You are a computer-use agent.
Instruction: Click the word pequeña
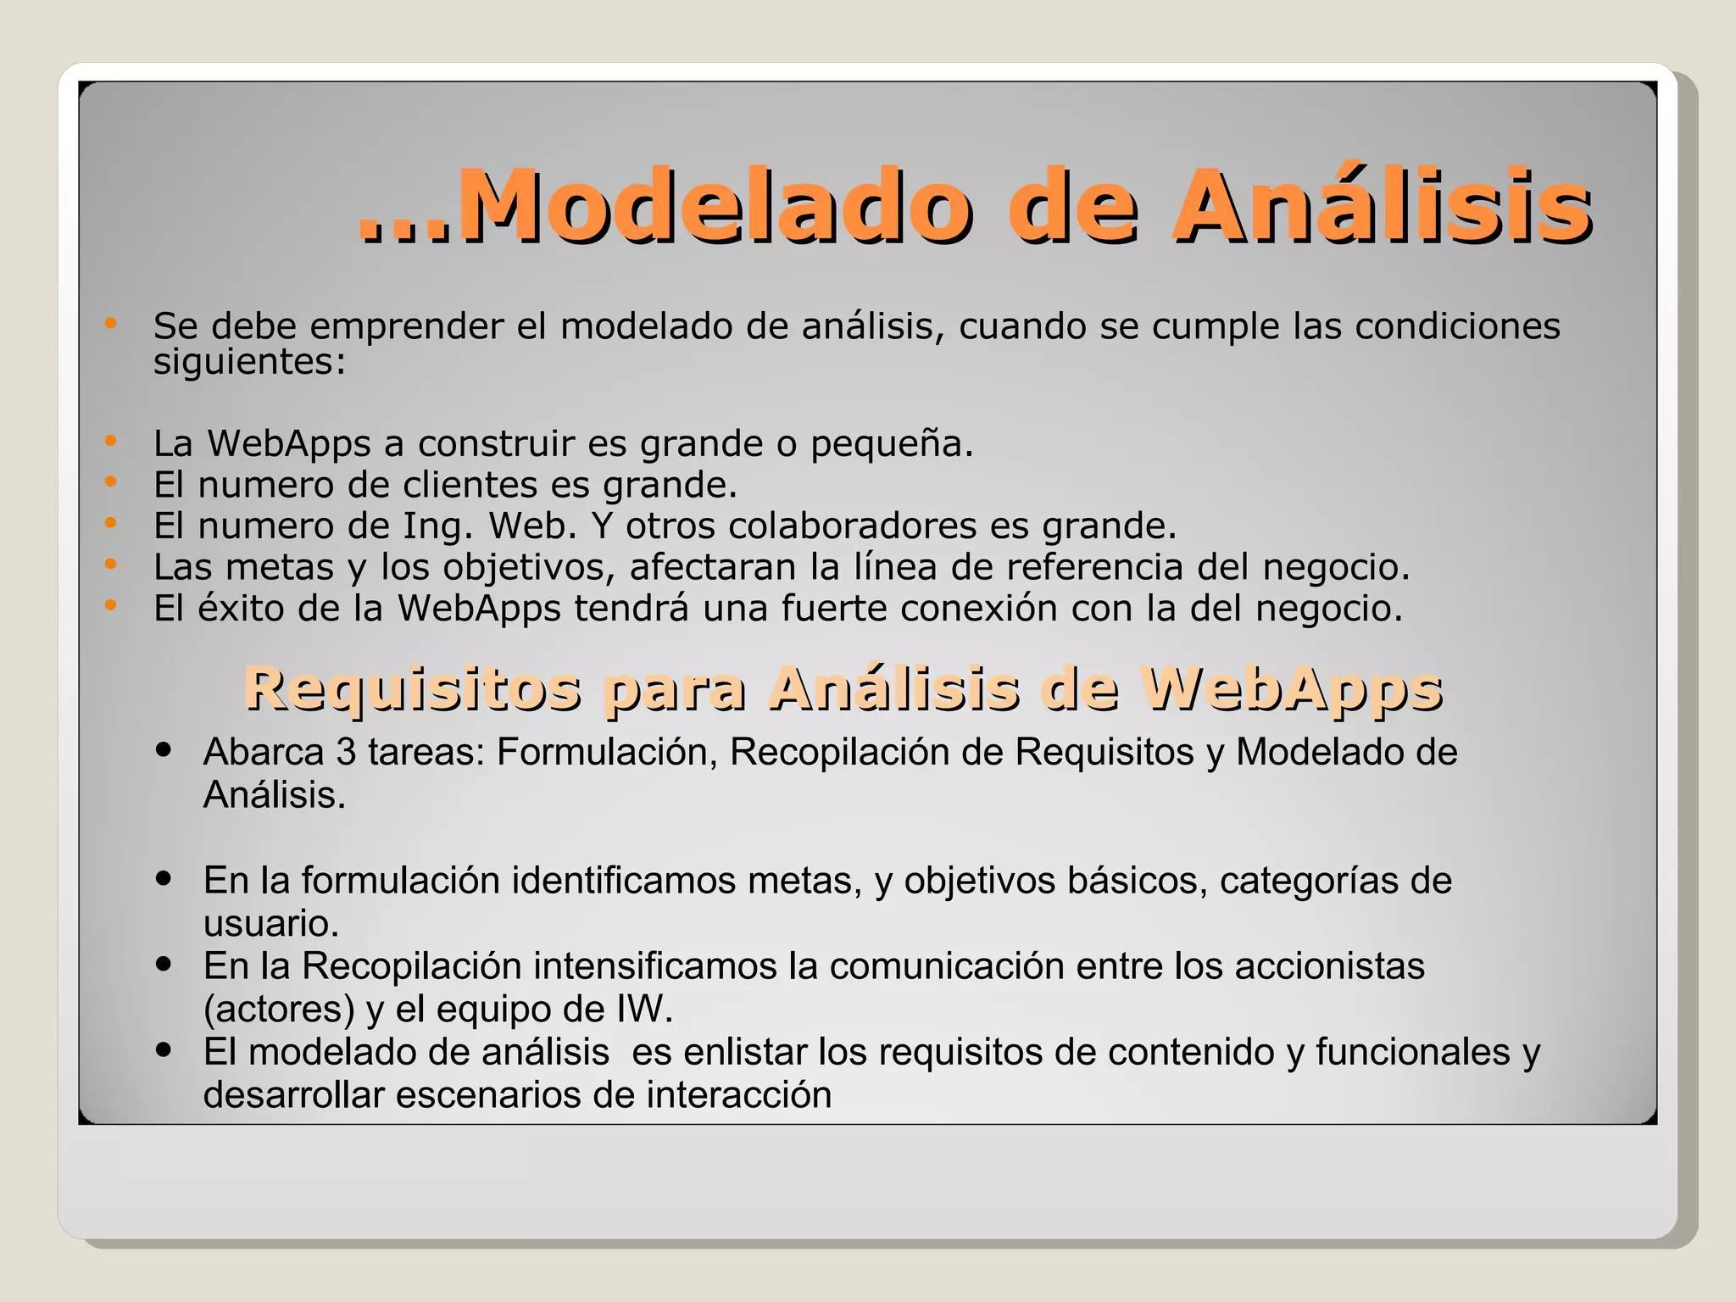click(892, 444)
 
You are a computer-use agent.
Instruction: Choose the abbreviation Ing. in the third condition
click(437, 527)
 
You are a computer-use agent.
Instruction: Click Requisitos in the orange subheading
click(413, 688)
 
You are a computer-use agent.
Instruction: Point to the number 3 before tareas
click(346, 752)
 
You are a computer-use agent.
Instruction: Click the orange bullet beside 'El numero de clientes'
click(110, 481)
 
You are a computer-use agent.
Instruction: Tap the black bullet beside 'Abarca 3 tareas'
click(164, 749)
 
